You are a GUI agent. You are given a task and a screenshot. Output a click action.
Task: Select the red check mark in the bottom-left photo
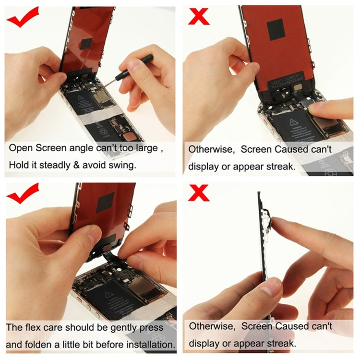pyautogui.click(x=22, y=193)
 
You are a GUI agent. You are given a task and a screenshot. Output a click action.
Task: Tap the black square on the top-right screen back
pyautogui.click(x=276, y=30)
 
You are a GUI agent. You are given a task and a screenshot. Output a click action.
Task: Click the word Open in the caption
pyautogui.click(x=21, y=148)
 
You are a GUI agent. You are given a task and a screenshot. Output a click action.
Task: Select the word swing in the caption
pyautogui.click(x=123, y=165)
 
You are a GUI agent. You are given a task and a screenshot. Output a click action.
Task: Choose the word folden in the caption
pyautogui.click(x=43, y=344)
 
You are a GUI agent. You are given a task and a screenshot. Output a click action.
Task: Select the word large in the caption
pyautogui.click(x=145, y=148)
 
